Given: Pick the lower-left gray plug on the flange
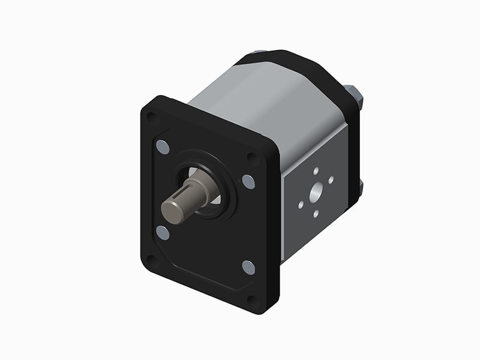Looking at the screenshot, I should click(162, 232).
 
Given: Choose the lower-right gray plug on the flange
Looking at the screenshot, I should click(248, 267).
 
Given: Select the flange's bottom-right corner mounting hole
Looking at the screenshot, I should click(253, 299).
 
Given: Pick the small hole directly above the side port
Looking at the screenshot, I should click(316, 171).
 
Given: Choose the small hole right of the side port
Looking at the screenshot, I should click(331, 180).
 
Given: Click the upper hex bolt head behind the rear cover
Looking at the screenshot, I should click(354, 95).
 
